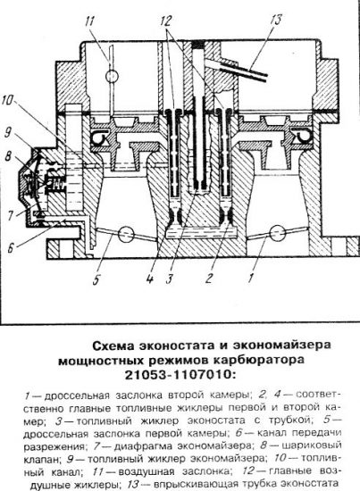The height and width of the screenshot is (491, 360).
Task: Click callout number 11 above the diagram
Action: (89, 21)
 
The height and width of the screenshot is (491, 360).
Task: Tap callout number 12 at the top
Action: (166, 21)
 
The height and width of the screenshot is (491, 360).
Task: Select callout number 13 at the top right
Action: (275, 20)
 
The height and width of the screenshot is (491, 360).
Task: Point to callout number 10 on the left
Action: (7, 101)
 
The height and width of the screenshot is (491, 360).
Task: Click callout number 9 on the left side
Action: (8, 132)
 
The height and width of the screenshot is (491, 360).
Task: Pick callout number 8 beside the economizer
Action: (9, 156)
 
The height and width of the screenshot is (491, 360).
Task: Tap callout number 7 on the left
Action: (10, 215)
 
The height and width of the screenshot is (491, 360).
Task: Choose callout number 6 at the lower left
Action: (11, 248)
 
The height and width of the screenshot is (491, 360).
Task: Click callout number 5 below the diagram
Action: (96, 279)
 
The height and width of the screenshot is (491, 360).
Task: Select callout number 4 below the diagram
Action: (150, 278)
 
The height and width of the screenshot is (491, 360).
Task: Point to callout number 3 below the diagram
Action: (170, 279)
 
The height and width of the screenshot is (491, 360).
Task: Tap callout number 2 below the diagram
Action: (209, 278)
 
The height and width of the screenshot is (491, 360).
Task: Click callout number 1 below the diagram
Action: (251, 278)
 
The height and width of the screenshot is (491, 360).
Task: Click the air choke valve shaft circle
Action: (112, 76)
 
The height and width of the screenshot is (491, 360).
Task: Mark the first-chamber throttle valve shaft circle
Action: (126, 234)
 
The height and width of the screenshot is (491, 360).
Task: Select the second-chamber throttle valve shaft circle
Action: (278, 232)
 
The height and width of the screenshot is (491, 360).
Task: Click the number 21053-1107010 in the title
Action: (180, 375)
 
